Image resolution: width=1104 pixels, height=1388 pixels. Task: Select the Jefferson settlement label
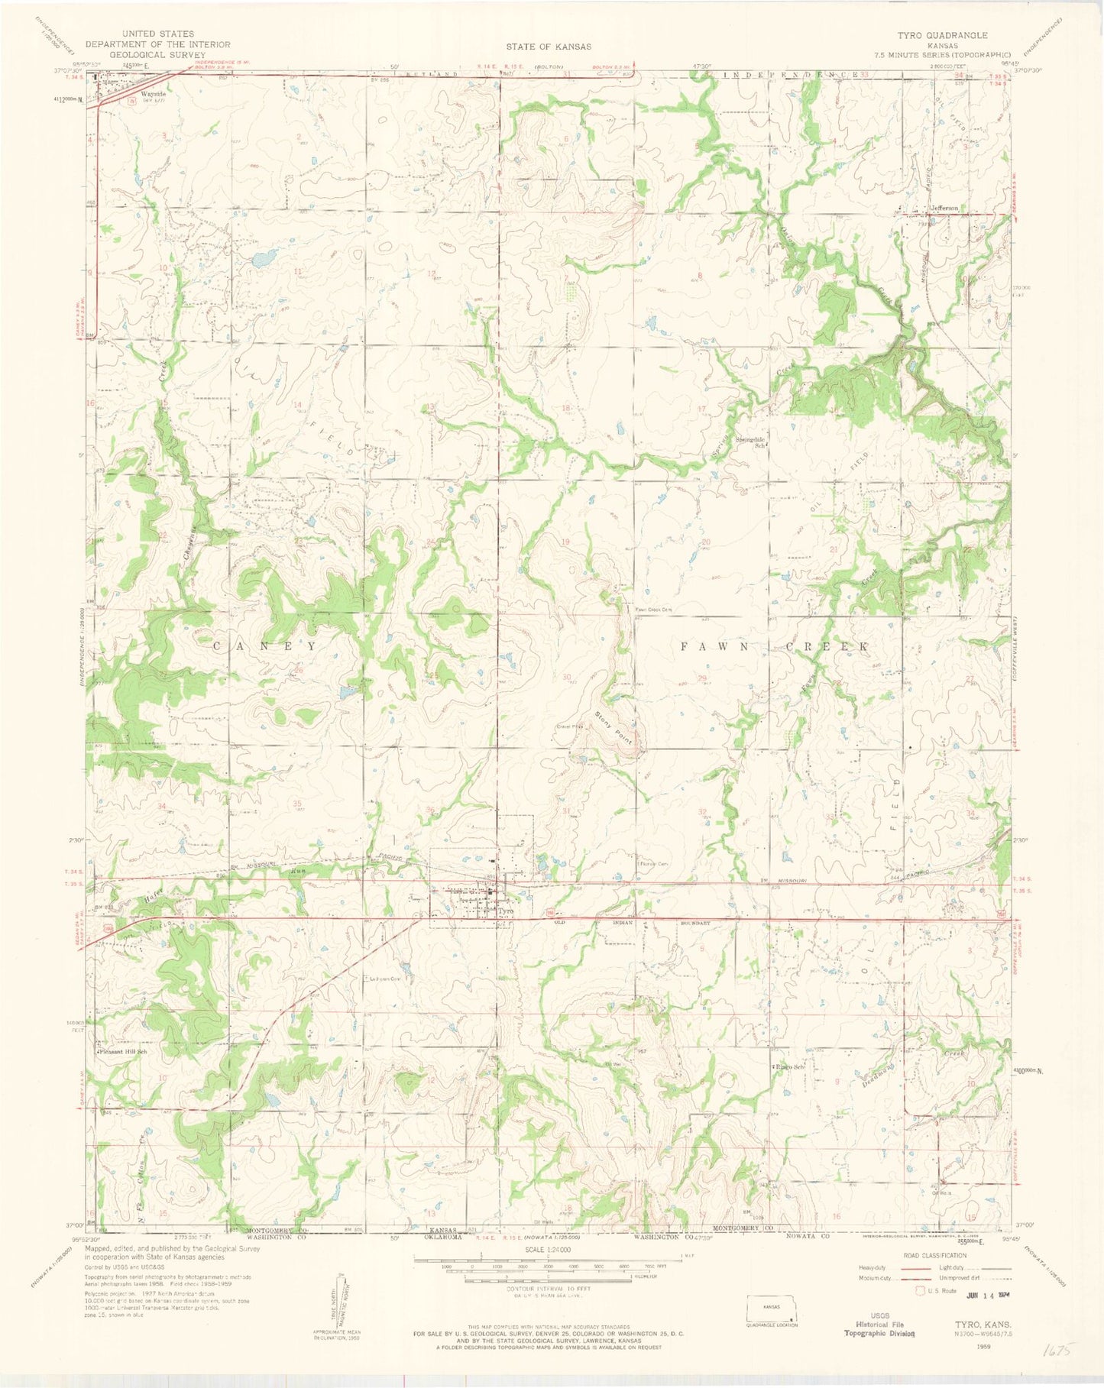[x=944, y=208]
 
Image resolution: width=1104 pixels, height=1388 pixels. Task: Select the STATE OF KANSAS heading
[x=548, y=47]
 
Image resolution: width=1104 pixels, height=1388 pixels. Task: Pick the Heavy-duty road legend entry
[x=876, y=1267]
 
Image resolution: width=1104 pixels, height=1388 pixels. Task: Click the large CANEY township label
[x=264, y=645]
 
